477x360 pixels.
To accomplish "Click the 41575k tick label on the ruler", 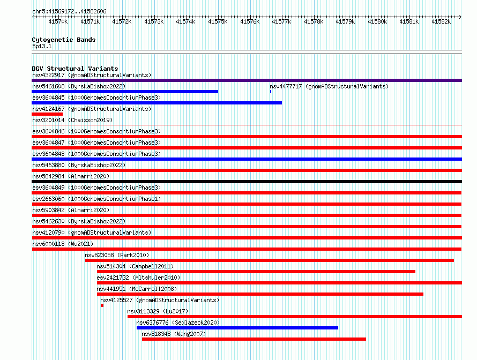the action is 218,21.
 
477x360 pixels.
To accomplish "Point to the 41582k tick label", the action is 441,21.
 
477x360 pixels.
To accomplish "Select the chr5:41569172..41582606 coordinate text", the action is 69,11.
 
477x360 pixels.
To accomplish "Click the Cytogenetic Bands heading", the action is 64,40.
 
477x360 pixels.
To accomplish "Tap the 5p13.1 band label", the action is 42,46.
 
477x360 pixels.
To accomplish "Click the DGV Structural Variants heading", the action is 75,69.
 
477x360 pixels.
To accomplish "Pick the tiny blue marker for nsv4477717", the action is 271,92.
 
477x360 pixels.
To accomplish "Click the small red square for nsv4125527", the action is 102,305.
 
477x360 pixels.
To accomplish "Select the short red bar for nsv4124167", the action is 47,114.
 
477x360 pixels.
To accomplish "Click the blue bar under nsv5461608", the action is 125,92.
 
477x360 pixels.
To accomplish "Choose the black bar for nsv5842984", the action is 247,182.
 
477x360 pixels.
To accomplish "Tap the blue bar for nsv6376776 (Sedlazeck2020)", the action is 237,328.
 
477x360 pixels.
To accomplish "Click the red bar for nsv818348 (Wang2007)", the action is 254,339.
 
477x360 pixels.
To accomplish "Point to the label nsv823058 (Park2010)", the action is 117,255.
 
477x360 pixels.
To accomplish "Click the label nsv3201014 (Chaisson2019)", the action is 72,120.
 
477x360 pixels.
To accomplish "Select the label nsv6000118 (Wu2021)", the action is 63,244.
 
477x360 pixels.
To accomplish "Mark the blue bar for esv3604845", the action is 156,103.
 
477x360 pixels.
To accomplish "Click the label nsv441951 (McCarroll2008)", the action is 137,289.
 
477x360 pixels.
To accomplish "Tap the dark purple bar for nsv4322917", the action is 247,80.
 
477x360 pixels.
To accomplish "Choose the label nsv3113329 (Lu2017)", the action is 158,311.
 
